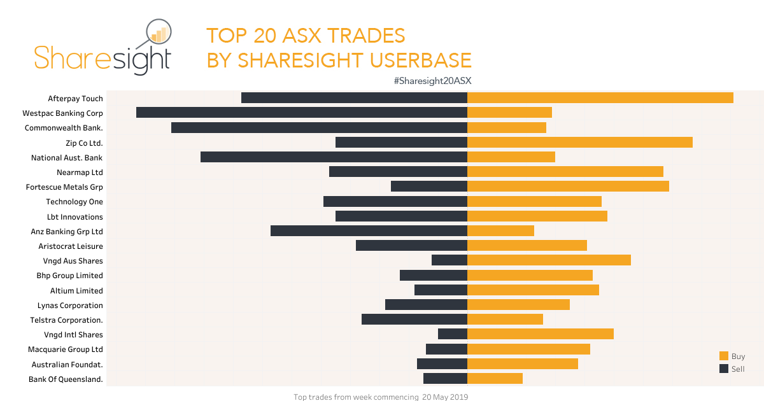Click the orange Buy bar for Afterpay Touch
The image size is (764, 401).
(600, 98)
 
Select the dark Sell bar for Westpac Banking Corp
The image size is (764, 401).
(302, 113)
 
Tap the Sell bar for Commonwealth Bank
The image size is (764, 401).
(319, 127)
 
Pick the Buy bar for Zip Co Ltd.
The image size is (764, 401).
(580, 142)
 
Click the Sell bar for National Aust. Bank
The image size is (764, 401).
(334, 157)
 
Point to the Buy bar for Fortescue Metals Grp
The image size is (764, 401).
(568, 186)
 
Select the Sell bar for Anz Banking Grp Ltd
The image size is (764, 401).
(369, 231)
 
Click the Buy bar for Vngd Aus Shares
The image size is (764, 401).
(549, 260)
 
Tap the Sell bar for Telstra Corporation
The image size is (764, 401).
(414, 320)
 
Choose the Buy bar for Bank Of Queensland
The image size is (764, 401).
(495, 379)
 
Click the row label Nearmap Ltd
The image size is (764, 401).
(80, 172)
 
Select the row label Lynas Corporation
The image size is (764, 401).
(70, 306)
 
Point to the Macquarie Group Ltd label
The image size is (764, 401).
(66, 349)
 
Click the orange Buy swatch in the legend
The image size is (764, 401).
(724, 356)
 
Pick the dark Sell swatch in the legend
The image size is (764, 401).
(724, 369)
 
